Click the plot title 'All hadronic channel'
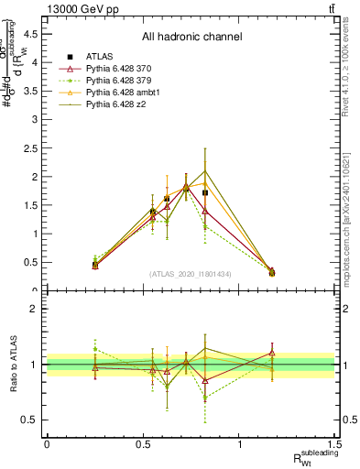pos(191,37)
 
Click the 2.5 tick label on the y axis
pos(33,147)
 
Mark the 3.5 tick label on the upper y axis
pos(33,91)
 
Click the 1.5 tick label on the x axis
pos(336,443)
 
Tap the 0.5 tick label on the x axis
pos(143,443)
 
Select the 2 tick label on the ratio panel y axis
pos(37,309)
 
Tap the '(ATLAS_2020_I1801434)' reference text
pos(191,274)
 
